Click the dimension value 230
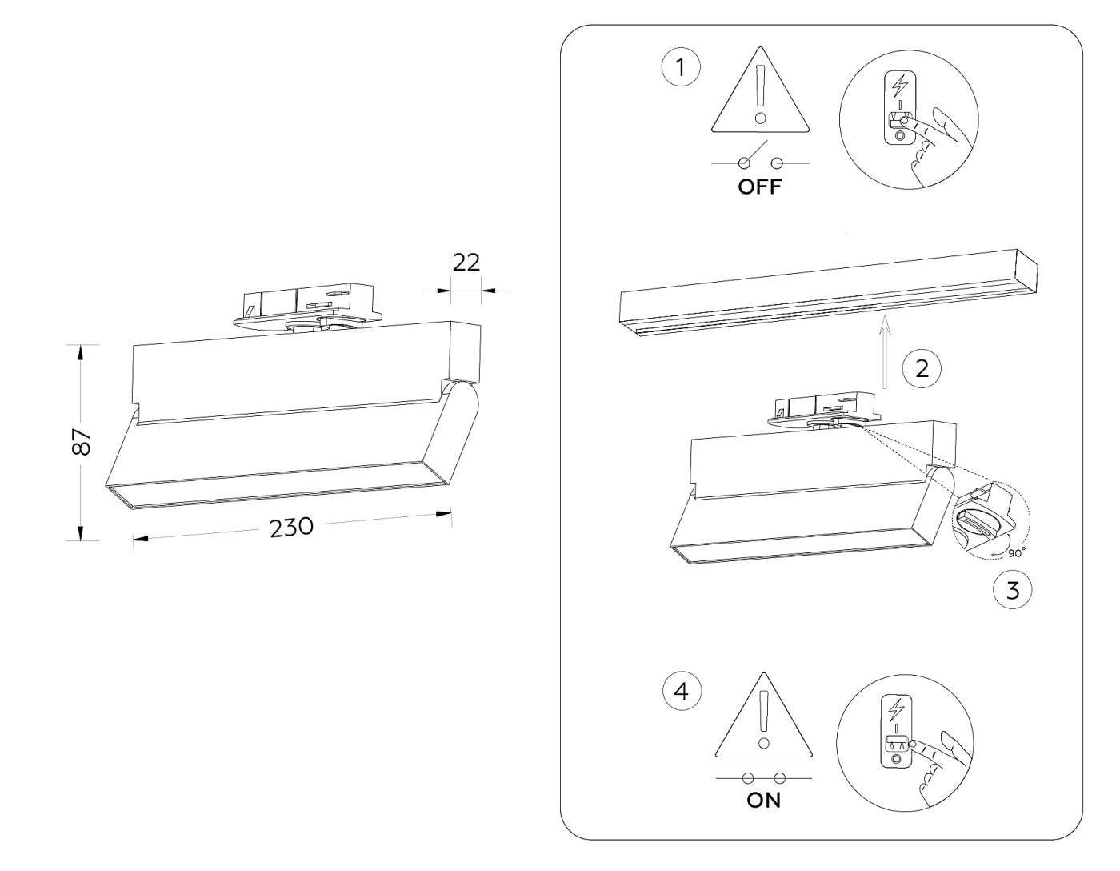pos(291,528)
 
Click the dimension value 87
pos(82,441)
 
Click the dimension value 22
pos(466,262)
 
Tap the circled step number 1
pos(681,68)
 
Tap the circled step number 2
pos(921,369)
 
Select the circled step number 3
pos(1012,592)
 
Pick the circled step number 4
pos(682,691)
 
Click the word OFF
pos(759,188)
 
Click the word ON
pos(763,800)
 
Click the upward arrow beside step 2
pos(885,352)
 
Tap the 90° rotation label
pos(1015,552)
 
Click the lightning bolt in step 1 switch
pos(901,86)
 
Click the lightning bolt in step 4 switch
pos(896,709)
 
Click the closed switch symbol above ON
pos(764,777)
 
